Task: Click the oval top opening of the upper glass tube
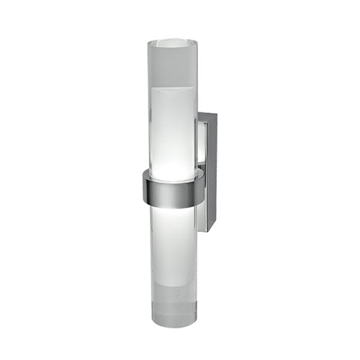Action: tap(172, 42)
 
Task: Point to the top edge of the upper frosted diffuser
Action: tap(172, 89)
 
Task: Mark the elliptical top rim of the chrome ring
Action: tap(171, 174)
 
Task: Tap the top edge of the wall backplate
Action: tap(207, 112)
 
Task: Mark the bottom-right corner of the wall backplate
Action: tap(215, 229)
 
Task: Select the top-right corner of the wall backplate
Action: tap(215, 113)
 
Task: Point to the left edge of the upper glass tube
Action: tap(149, 108)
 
